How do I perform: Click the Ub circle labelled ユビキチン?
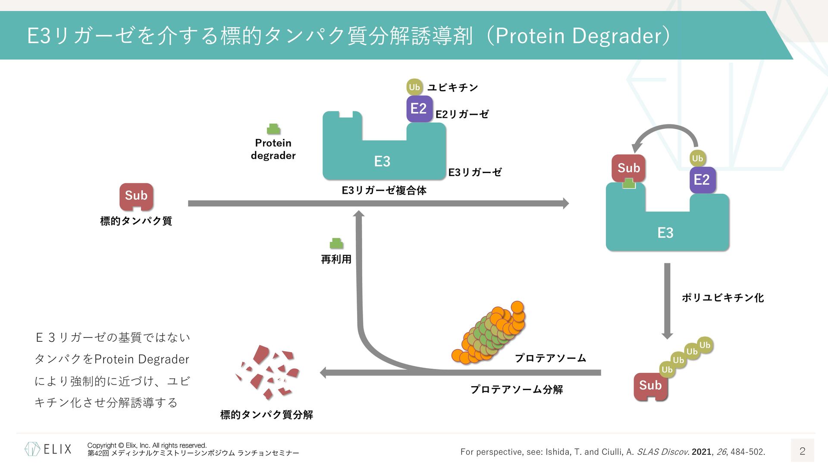(x=414, y=87)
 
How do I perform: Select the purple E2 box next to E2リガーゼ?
(x=419, y=109)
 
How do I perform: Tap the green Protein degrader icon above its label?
(x=273, y=129)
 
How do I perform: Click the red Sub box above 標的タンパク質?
(x=136, y=196)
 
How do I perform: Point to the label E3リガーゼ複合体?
(x=384, y=190)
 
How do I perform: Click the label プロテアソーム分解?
(x=516, y=390)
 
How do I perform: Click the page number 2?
(x=802, y=451)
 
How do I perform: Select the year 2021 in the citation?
(x=701, y=452)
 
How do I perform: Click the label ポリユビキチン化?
(x=722, y=298)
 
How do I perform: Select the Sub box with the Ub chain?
(x=650, y=386)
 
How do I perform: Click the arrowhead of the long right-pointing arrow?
(x=565, y=203)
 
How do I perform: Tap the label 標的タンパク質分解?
(x=267, y=415)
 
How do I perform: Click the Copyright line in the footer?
(x=147, y=445)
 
